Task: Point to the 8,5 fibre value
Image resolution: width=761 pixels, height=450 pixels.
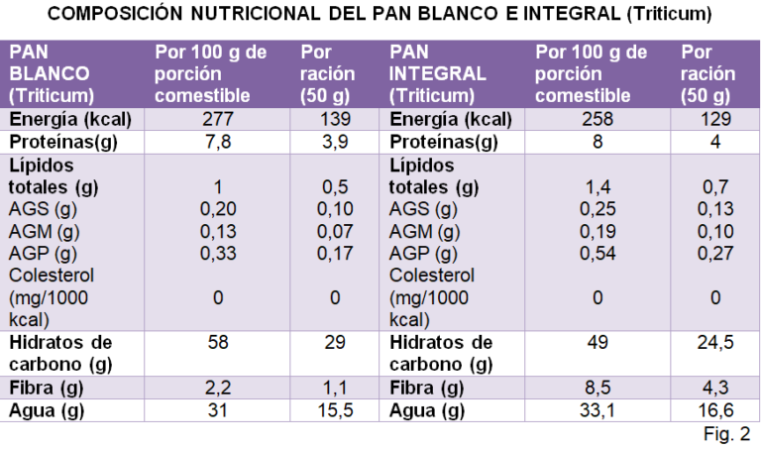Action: point(598,387)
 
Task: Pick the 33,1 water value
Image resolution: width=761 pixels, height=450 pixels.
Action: point(598,408)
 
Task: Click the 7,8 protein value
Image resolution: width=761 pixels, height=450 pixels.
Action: point(217,142)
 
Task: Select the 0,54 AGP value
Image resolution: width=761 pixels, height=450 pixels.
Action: point(598,253)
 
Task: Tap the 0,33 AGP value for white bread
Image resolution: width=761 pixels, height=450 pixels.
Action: point(217,253)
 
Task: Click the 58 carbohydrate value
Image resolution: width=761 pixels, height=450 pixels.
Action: point(217,342)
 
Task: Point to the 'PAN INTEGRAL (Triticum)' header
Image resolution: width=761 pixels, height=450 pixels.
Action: point(438,73)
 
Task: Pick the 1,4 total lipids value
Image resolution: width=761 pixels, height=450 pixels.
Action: point(598,186)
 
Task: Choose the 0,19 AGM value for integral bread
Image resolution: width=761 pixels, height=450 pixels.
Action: point(598,231)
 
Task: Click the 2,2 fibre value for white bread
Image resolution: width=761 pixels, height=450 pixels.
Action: point(217,387)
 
